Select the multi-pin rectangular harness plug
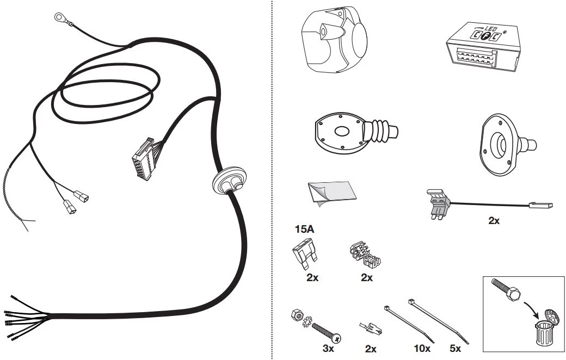144,158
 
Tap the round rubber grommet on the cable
229,181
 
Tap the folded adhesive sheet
331,194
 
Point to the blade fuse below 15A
304,255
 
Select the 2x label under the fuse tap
494,220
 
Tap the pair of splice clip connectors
365,255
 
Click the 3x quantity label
328,349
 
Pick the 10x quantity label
422,349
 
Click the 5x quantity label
455,349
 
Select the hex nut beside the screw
297,314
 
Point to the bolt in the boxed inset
506,289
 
